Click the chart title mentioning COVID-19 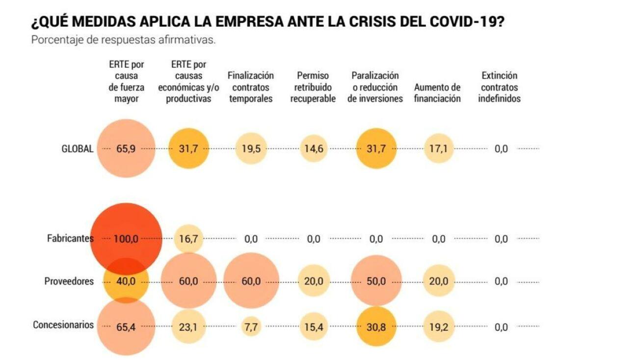(267, 22)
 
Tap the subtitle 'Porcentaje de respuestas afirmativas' (123, 40)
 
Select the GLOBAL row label (77, 149)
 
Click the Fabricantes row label (70, 239)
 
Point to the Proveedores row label (69, 281)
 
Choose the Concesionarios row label (63, 325)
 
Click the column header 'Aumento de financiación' (437, 93)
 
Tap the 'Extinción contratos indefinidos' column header (500, 87)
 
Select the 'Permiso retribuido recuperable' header (313, 87)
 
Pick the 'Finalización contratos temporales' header (251, 87)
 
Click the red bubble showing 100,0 (126, 239)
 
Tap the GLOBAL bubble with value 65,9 (126, 149)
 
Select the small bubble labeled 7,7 (251, 327)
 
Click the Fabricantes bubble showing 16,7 (188, 239)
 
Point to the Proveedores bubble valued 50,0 (376, 281)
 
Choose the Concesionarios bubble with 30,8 (376, 327)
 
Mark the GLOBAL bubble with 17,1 (438, 149)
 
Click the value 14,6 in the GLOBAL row (313, 149)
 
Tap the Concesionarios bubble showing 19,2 (438, 327)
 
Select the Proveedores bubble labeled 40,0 (126, 282)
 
